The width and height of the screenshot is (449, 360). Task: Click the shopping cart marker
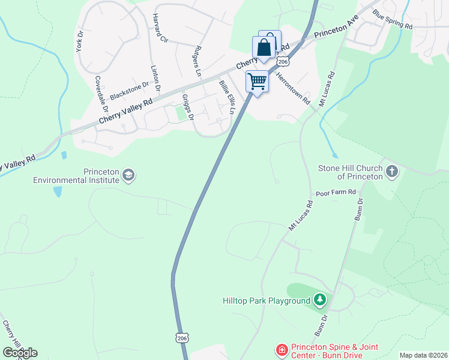(258, 81)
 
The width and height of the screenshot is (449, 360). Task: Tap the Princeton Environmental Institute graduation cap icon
(128, 175)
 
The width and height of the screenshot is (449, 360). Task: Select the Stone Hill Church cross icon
(391, 172)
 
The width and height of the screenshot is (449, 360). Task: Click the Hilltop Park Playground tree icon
(321, 299)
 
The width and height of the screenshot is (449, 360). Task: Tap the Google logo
(20, 353)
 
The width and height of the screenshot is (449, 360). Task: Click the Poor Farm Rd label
(336, 193)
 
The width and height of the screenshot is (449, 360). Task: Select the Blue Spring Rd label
(393, 19)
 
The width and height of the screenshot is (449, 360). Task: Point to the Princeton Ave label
(336, 26)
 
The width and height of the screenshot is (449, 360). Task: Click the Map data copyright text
(424, 355)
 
